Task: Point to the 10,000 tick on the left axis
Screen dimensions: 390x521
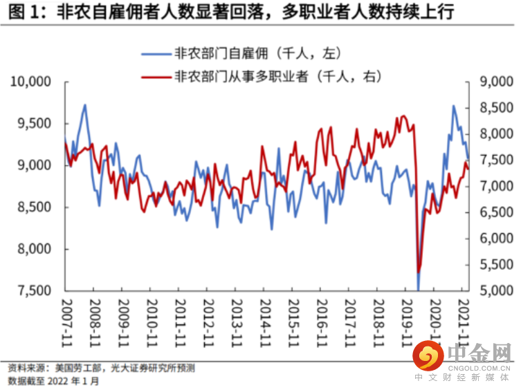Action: click(33, 82)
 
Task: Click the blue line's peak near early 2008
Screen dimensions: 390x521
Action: click(84, 105)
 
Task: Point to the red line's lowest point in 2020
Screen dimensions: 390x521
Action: click(419, 272)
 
